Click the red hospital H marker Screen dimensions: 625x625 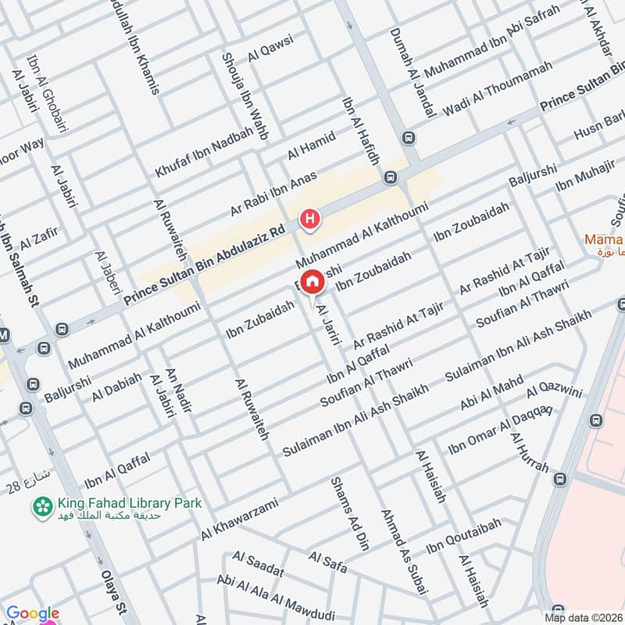tap(311, 220)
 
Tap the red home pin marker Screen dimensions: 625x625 tap(312, 281)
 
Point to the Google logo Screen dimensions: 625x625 tap(33, 614)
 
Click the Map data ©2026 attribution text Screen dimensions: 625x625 tap(583, 617)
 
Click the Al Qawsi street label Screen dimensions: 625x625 tap(270, 48)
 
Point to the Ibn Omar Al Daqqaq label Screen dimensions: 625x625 tap(500, 429)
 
